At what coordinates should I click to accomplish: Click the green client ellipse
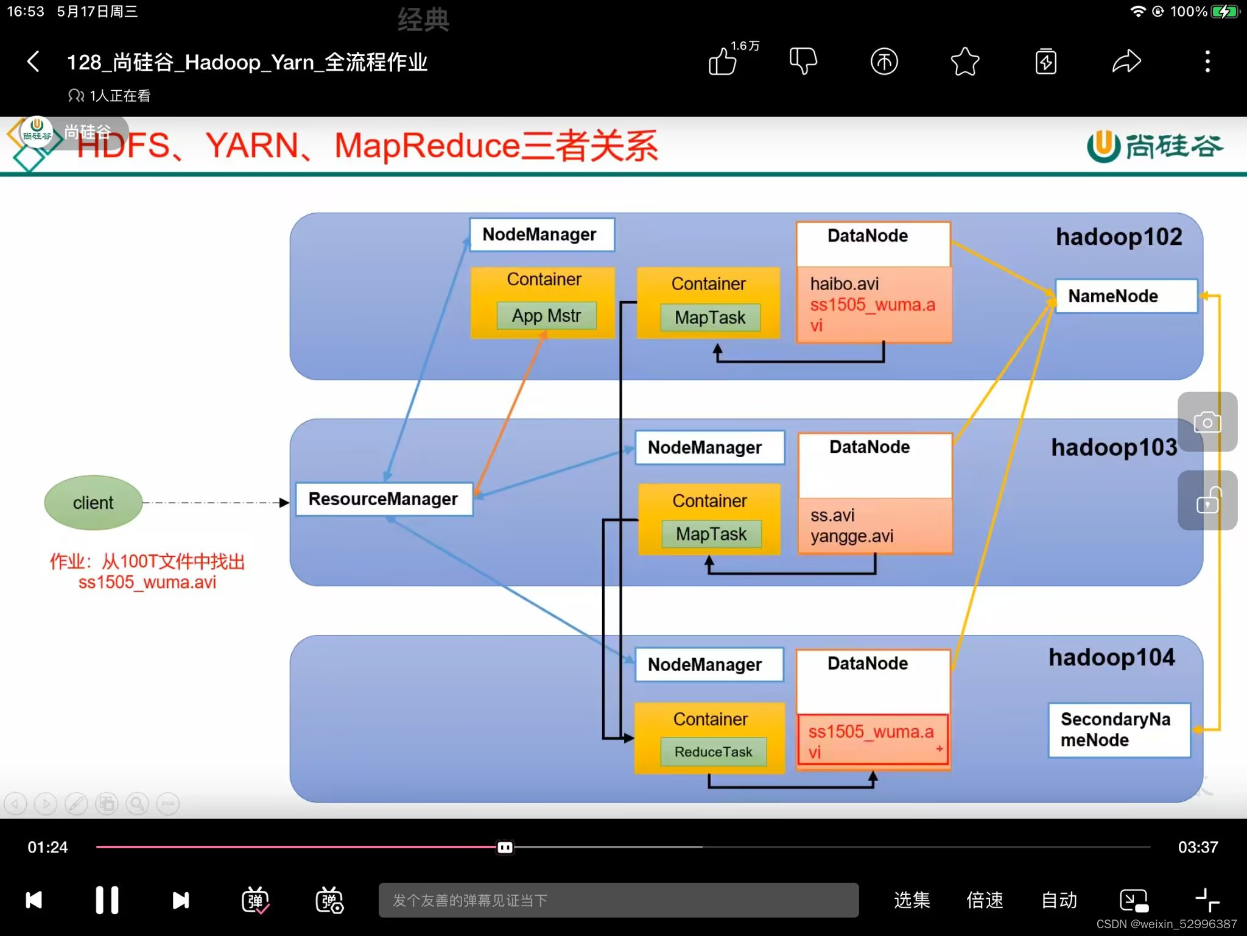pyautogui.click(x=93, y=503)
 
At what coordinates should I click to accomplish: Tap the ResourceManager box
pyautogui.click(x=384, y=499)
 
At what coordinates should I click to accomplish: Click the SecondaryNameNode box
pyautogui.click(x=1119, y=729)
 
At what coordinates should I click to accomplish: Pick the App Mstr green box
pyautogui.click(x=546, y=316)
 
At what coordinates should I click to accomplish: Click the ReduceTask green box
pyautogui.click(x=713, y=751)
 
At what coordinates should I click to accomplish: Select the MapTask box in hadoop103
pyautogui.click(x=711, y=534)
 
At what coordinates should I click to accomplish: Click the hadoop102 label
pyautogui.click(x=1119, y=237)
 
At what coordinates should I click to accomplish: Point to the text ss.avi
pyautogui.click(x=832, y=516)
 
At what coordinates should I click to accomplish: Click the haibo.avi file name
pyautogui.click(x=844, y=284)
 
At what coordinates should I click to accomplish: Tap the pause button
pyautogui.click(x=107, y=900)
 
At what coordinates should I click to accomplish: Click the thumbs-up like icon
pyautogui.click(x=723, y=62)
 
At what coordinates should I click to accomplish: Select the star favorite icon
pyautogui.click(x=965, y=62)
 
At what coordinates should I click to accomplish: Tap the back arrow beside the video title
pyautogui.click(x=34, y=62)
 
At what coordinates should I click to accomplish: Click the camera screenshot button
pyautogui.click(x=1207, y=422)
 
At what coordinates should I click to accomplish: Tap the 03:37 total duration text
pyautogui.click(x=1197, y=847)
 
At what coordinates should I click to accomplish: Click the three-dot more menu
pyautogui.click(x=1207, y=62)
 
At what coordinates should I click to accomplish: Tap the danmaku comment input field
pyautogui.click(x=618, y=900)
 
